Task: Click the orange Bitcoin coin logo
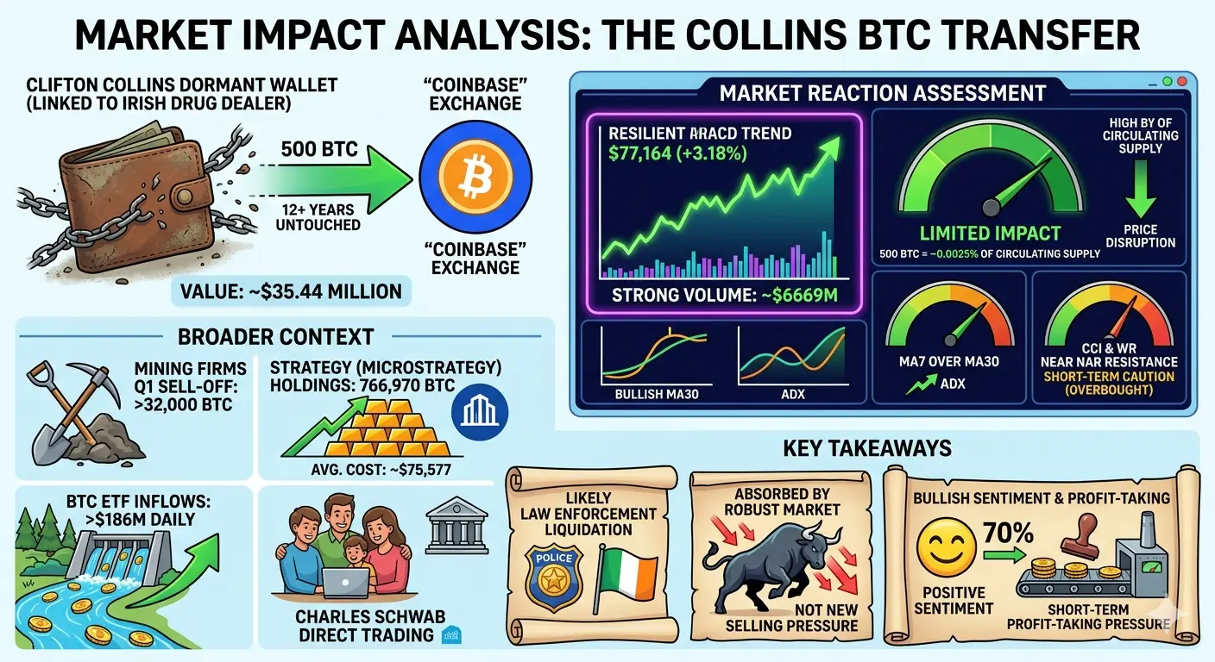coord(475,178)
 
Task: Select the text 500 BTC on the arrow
coord(319,149)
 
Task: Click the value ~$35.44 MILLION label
coord(292,291)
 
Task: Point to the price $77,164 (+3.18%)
coord(677,153)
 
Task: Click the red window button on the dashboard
coord(1182,82)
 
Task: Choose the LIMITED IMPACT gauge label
coord(990,233)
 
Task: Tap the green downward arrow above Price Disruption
coord(1140,189)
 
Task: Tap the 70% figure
coord(1009,533)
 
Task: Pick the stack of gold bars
coord(387,428)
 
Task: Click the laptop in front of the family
coord(345,584)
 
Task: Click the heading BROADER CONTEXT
coord(275,336)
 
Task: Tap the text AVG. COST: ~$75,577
coord(381,469)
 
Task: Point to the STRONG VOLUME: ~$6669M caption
coord(725,295)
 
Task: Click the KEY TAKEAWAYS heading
coord(866,448)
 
